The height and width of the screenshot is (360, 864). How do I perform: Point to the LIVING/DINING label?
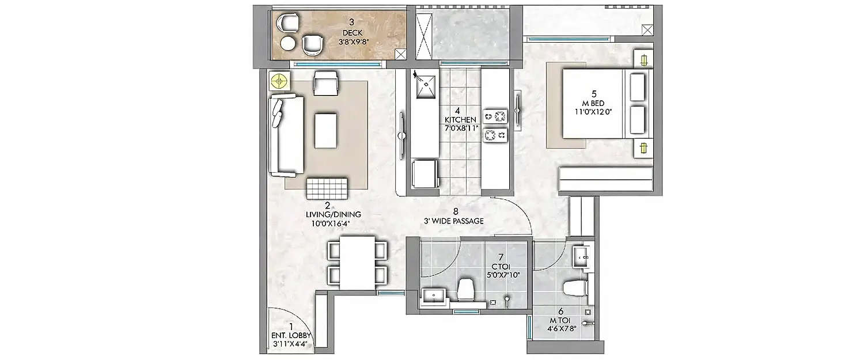pyautogui.click(x=327, y=214)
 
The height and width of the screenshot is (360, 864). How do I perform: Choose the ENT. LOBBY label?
pyautogui.click(x=291, y=335)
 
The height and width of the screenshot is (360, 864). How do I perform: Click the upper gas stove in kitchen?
pyautogui.click(x=495, y=117)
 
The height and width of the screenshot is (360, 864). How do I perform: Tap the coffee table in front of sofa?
pyautogui.click(x=326, y=130)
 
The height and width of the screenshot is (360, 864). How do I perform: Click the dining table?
pyautogui.click(x=357, y=263)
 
